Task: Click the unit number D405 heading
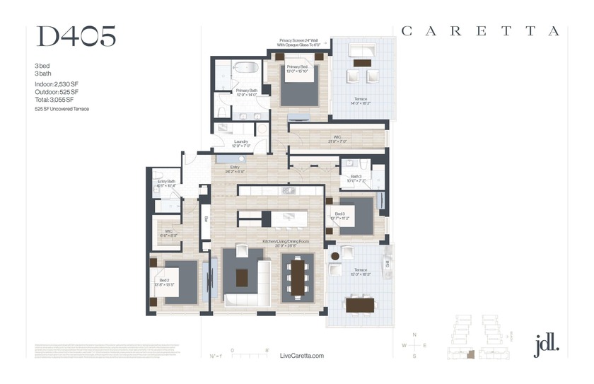coord(76,37)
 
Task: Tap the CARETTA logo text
coord(480,31)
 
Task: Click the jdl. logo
coord(547,344)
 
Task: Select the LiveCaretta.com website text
coord(302,356)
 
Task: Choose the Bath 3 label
coord(353,178)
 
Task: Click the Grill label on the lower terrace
coord(388,263)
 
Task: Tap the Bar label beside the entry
coord(206,219)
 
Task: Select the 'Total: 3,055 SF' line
coord(54,100)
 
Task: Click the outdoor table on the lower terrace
coord(360,305)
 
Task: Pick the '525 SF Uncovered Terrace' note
coord(62,110)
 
